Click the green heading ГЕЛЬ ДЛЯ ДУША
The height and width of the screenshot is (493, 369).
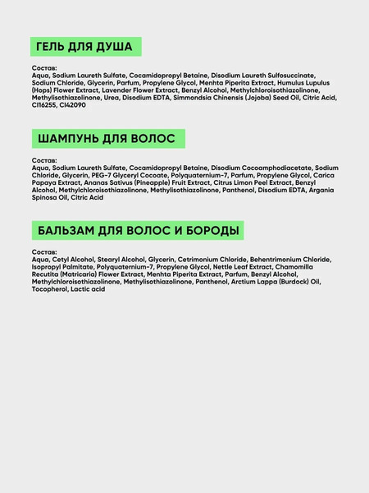[x=84, y=47]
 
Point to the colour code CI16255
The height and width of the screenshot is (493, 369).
[x=47, y=104]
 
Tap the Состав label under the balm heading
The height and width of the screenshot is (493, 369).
[x=45, y=251]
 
